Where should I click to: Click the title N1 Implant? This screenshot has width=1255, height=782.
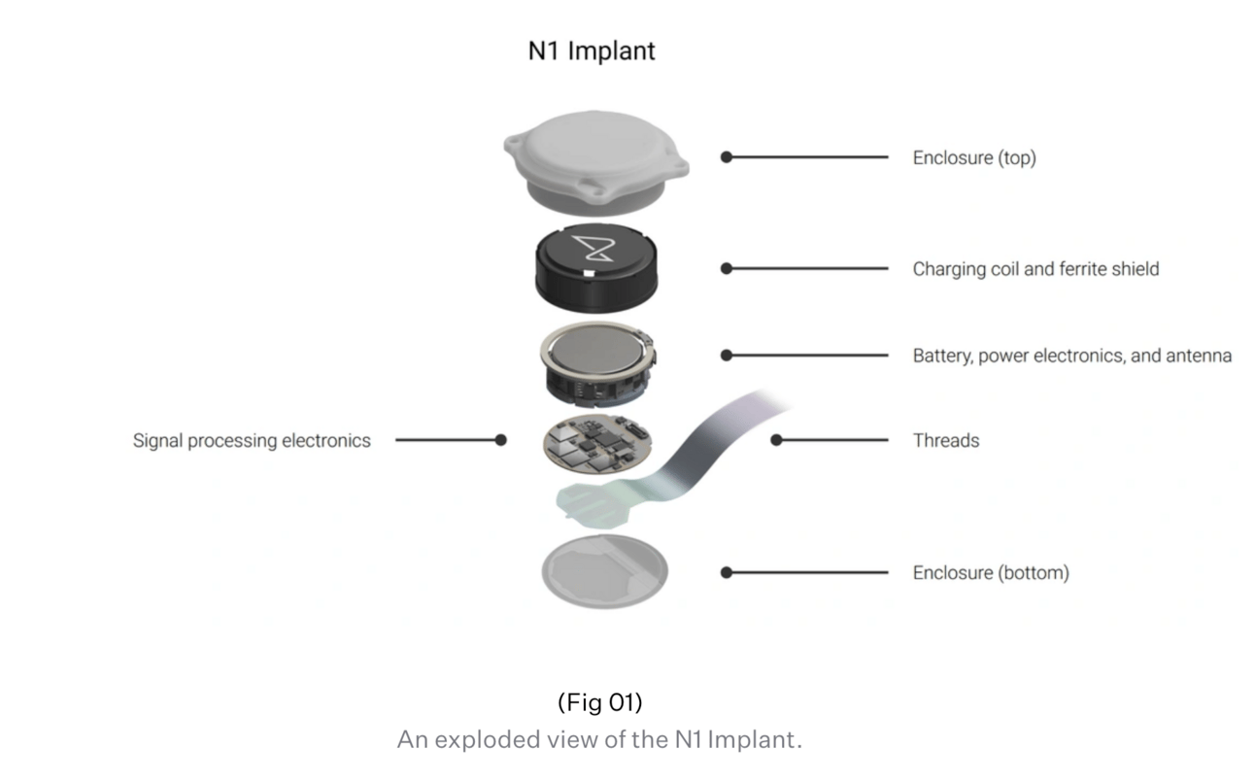(x=592, y=51)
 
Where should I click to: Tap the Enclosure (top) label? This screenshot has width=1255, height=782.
(x=974, y=158)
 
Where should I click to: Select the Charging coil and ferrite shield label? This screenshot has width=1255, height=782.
(x=1035, y=269)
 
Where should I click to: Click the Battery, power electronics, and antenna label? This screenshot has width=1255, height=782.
(x=1072, y=356)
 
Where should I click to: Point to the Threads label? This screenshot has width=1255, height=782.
(x=946, y=440)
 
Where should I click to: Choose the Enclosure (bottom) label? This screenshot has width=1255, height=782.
(x=991, y=573)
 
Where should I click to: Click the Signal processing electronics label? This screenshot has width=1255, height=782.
(x=252, y=441)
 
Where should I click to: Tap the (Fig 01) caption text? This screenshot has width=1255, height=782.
(x=600, y=702)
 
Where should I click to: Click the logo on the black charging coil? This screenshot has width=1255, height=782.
(x=594, y=249)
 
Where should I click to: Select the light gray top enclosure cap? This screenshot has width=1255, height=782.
(x=596, y=162)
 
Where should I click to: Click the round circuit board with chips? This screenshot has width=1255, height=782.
(x=597, y=444)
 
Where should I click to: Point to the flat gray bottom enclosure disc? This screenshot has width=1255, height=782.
(x=604, y=571)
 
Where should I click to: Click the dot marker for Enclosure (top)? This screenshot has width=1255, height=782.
(x=727, y=157)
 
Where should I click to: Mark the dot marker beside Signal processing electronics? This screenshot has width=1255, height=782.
(x=501, y=440)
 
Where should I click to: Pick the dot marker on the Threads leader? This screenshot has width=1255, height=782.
(x=776, y=440)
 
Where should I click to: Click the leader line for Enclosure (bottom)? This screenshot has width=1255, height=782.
(x=807, y=572)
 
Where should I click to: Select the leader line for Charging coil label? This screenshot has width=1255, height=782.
(x=807, y=269)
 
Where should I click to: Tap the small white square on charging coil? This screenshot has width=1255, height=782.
(x=589, y=273)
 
